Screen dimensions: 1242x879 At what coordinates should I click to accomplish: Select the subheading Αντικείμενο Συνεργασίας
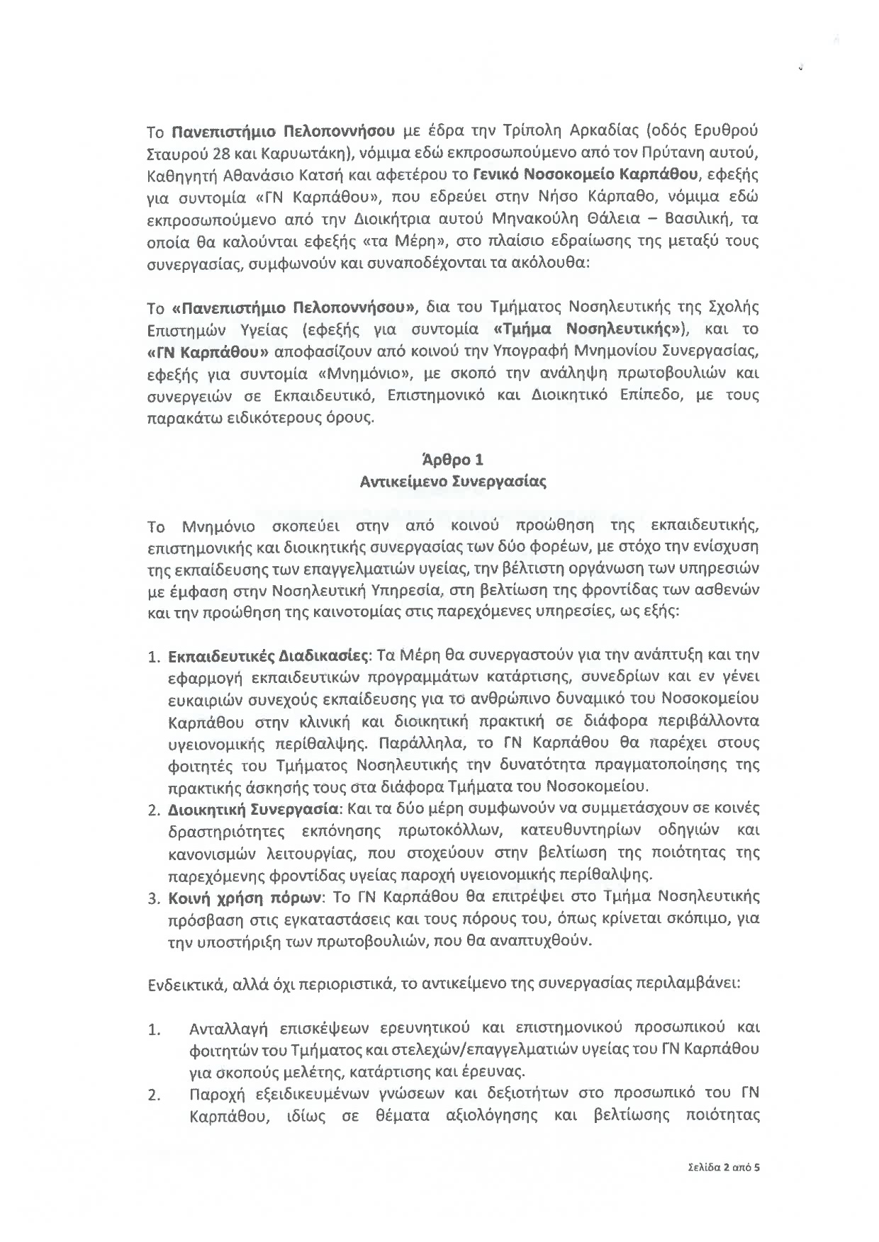[453, 482]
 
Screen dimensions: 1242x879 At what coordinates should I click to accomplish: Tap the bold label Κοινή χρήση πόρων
[245, 897]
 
